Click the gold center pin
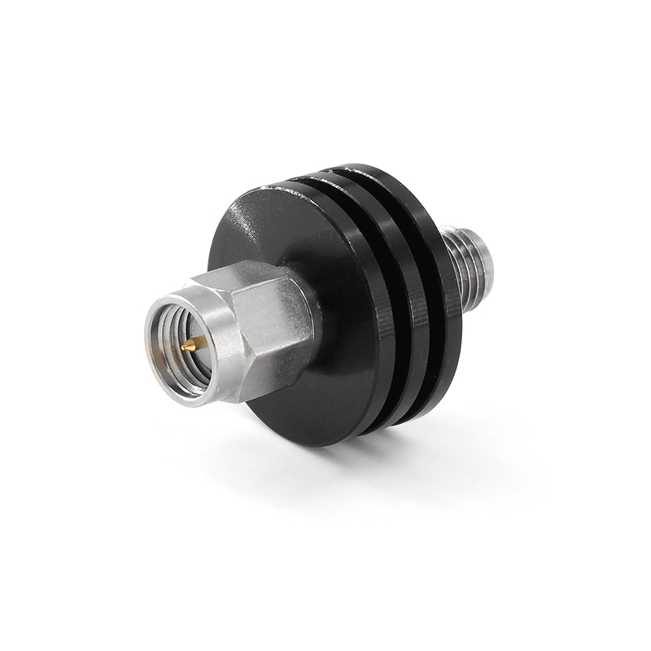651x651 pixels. click(188, 345)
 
